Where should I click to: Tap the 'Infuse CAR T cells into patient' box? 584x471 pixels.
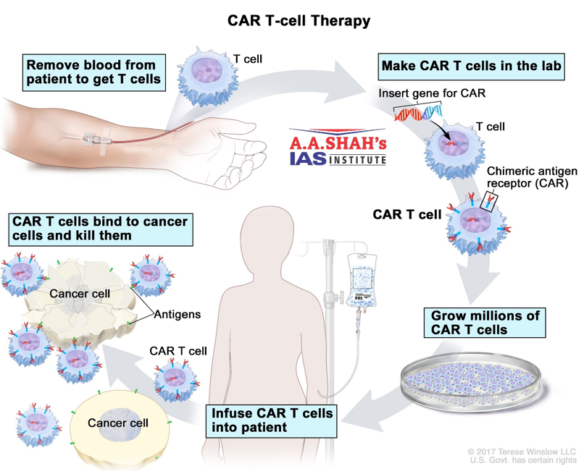tap(272, 420)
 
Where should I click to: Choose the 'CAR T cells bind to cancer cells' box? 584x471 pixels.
tap(100, 228)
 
